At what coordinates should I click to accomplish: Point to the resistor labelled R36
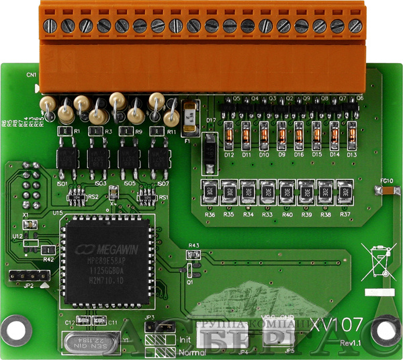(x=210, y=191)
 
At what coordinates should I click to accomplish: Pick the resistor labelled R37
(x=345, y=191)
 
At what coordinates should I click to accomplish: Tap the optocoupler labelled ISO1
(x=64, y=159)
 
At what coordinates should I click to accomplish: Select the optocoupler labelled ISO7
(x=161, y=159)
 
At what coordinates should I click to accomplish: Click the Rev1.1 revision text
(x=351, y=344)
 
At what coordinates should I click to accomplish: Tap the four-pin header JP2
(x=29, y=275)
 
